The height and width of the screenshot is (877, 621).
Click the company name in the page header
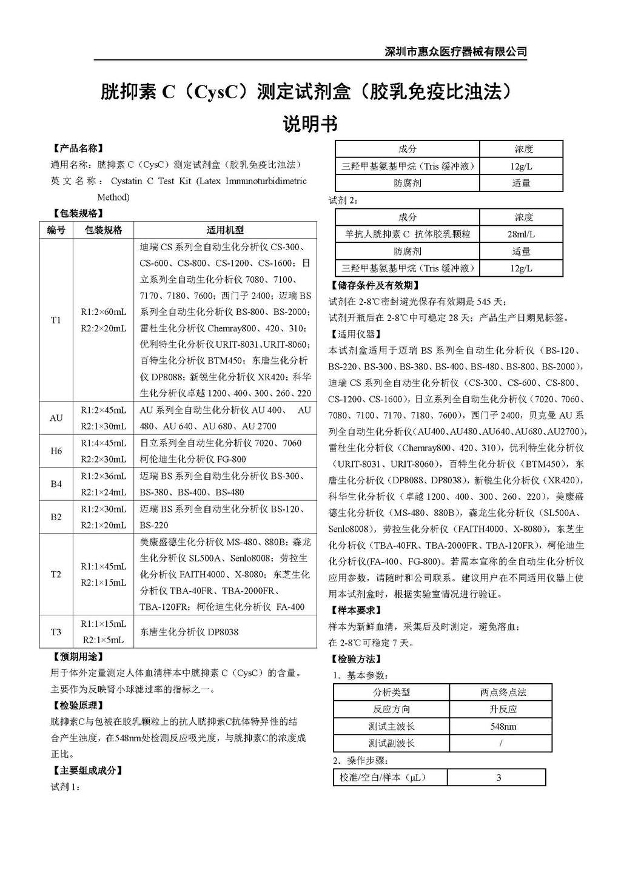click(x=455, y=51)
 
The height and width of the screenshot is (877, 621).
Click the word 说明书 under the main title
click(x=310, y=124)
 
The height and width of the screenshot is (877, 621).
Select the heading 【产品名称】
click(x=78, y=148)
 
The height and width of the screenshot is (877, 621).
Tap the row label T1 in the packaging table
click(x=56, y=320)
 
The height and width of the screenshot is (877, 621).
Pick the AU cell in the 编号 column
click(x=56, y=418)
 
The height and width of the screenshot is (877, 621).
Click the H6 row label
click(x=56, y=451)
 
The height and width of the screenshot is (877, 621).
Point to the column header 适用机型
click(x=225, y=230)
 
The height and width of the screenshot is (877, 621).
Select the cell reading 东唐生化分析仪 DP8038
click(x=189, y=632)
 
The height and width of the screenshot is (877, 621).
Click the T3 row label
click(x=56, y=632)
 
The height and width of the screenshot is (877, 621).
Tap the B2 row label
click(x=56, y=517)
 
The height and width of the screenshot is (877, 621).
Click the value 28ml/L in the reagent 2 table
click(x=521, y=234)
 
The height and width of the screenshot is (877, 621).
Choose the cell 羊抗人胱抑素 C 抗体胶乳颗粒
click(x=408, y=234)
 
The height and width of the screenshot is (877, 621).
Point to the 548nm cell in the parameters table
click(x=503, y=726)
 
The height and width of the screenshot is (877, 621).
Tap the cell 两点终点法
click(x=503, y=692)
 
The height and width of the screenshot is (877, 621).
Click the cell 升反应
click(x=503, y=709)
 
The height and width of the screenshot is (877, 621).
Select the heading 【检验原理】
click(x=78, y=705)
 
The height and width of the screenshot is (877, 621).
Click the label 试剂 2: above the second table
click(x=343, y=200)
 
